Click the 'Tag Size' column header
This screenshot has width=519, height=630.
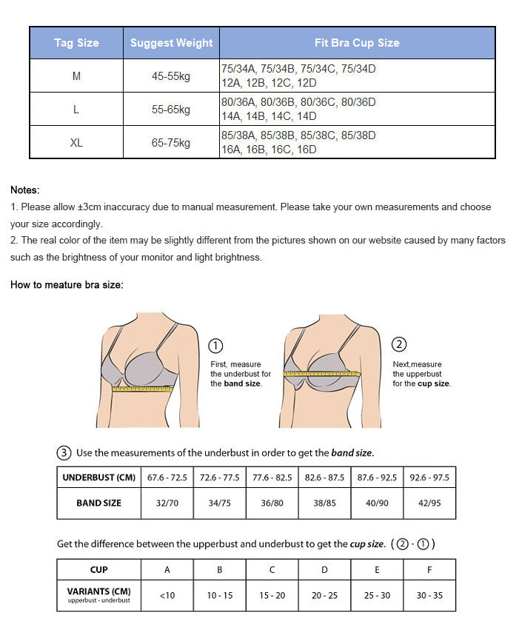[76, 43]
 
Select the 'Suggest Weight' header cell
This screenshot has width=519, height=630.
[171, 43]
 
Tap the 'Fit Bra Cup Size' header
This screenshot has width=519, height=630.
[357, 43]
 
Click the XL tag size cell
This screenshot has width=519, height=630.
[76, 143]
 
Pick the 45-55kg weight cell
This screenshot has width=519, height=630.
[171, 76]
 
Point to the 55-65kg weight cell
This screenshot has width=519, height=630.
[171, 110]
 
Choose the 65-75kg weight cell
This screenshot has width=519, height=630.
[171, 143]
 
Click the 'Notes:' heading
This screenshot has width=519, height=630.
[25, 190]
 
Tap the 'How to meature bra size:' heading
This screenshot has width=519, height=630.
[67, 285]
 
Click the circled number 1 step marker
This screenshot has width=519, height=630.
[216, 346]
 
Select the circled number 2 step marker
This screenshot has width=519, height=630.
[399, 344]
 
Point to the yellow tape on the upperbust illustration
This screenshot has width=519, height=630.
[321, 373]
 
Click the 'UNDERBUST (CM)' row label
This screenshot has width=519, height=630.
[99, 477]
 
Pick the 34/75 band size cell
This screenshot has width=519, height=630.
[220, 503]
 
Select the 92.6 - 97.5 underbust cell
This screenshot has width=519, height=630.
[429, 477]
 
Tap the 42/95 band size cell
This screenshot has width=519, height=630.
[429, 503]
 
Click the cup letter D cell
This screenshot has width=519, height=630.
[324, 569]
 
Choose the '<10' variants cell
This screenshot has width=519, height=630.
[167, 595]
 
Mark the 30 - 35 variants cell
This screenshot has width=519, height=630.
[429, 595]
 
